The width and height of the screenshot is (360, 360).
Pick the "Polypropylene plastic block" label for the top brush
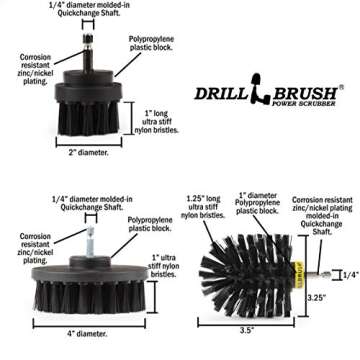coord(151,43)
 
